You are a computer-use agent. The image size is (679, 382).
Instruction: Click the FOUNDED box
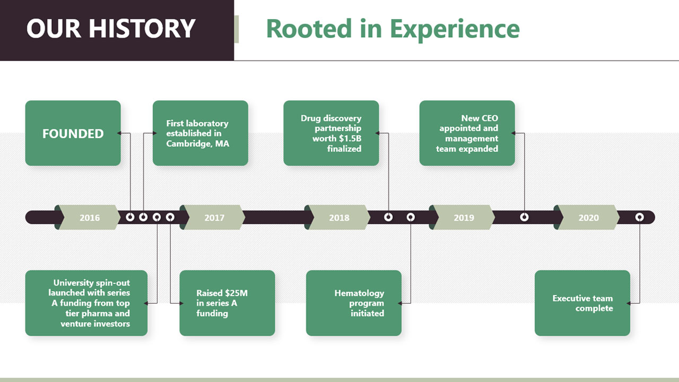[73, 133]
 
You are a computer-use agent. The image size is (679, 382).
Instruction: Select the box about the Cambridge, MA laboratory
[201, 133]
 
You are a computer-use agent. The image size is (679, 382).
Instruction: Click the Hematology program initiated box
[354, 303]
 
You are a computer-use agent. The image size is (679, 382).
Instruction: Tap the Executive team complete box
[582, 303]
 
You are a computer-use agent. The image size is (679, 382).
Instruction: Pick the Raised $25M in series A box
[228, 303]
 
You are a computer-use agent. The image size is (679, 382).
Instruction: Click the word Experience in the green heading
[455, 29]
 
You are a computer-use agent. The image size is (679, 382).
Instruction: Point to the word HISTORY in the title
[142, 28]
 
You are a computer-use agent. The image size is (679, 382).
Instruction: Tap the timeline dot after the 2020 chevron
[640, 217]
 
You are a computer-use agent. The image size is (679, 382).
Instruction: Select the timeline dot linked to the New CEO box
[525, 217]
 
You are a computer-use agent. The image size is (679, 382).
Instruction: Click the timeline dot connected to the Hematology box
[411, 217]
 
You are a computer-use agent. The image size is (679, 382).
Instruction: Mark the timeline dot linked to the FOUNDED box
[130, 217]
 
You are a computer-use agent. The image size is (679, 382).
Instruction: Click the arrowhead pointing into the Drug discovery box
[377, 133]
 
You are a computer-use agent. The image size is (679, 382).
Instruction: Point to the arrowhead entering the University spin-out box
[146, 303]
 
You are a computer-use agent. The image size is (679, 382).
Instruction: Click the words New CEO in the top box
[480, 118]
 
